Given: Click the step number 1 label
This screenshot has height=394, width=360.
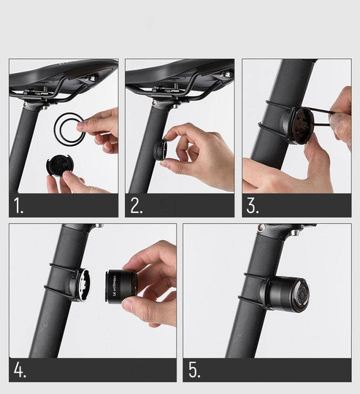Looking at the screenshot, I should click(x=18, y=206).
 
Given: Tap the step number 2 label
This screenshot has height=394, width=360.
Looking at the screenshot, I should click(x=136, y=206).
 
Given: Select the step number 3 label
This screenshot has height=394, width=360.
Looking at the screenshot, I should click(x=253, y=206).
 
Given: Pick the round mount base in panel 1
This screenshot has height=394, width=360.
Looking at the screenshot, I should click(x=58, y=164).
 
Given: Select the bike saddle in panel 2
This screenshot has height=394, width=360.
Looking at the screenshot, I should click(x=183, y=73).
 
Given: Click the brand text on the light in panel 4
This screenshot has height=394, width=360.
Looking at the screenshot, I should click(x=113, y=287).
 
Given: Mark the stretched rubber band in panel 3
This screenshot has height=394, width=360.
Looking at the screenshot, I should click(x=321, y=115).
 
